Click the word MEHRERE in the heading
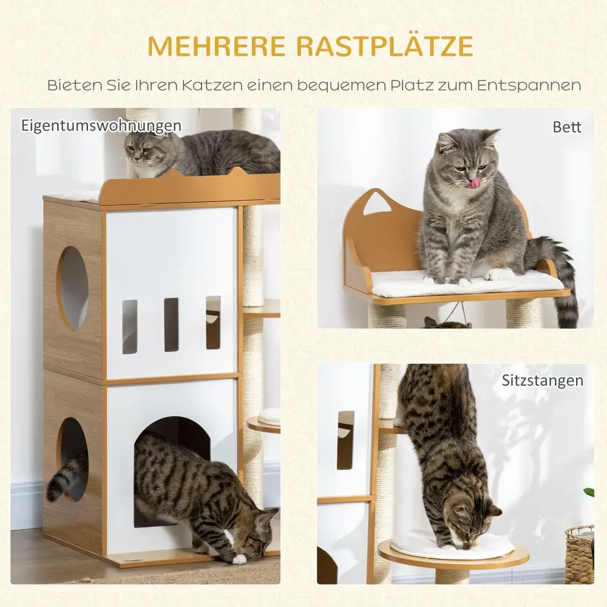(217, 47)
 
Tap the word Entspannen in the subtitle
(529, 86)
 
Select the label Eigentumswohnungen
(101, 126)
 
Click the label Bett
(567, 127)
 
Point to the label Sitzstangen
(542, 381)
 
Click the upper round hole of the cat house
(73, 288)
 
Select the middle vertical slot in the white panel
(171, 324)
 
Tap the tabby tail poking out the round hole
(66, 475)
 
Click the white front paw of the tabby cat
(239, 558)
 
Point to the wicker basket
(579, 554)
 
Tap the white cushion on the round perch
(452, 544)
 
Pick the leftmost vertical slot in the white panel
(130, 327)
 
